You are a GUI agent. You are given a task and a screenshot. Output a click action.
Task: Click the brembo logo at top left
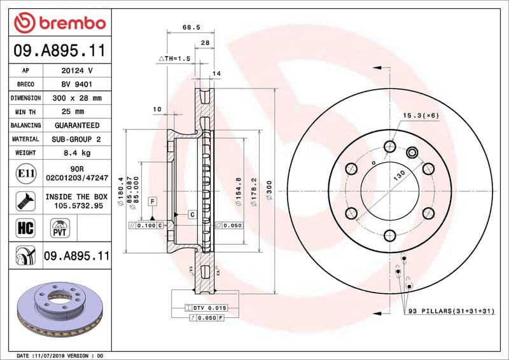pos(59,23)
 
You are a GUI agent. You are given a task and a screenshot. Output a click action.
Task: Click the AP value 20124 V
pos(77,71)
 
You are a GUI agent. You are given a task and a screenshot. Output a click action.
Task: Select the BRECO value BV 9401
pos(77,84)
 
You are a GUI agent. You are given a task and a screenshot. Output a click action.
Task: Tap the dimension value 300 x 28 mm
pos(77,98)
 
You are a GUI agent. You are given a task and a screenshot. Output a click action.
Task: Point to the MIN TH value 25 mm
pos(77,112)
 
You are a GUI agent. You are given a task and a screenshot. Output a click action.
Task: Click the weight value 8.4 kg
pos(77,153)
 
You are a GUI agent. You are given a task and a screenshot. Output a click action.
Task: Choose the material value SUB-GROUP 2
pos(77,139)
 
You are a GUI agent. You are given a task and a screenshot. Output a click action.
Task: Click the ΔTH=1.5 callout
pos(175,58)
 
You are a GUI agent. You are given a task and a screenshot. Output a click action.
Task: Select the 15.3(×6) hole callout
pos(421,115)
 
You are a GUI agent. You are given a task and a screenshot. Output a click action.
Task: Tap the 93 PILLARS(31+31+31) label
pos(450,310)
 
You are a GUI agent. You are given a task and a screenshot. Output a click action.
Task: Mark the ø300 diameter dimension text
pos(269,191)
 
